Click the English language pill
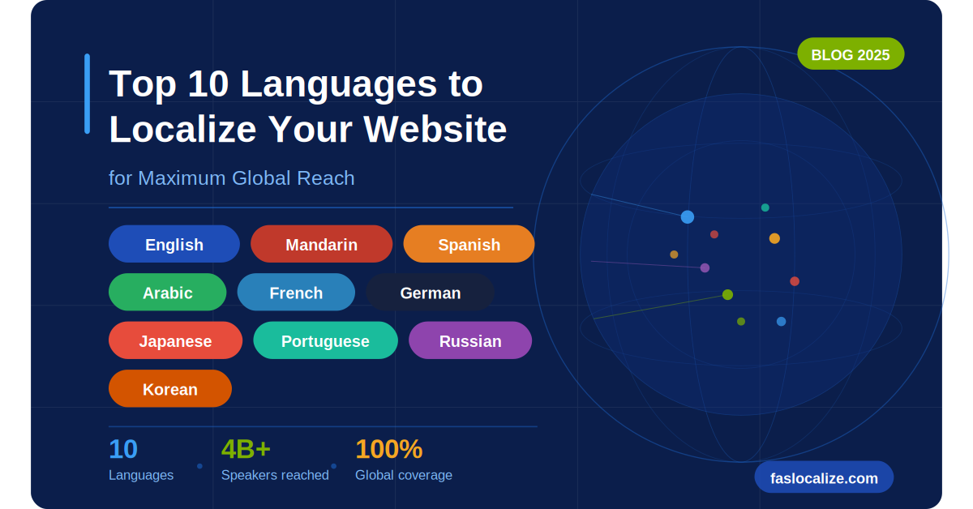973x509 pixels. point(174,244)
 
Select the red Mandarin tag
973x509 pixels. point(321,244)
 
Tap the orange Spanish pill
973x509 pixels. point(469,244)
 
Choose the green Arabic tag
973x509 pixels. point(168,293)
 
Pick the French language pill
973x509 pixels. point(296,293)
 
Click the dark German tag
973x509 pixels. point(430,293)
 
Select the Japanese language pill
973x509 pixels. point(175,340)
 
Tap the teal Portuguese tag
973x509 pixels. point(325,340)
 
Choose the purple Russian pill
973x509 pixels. point(470,340)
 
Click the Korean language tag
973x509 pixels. point(170,389)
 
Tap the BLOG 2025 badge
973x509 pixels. point(851,54)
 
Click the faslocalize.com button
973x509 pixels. point(824,477)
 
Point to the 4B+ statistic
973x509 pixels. point(246,449)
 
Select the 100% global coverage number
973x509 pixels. point(388,449)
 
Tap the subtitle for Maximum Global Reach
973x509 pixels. point(232,178)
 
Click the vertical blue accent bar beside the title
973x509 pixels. point(87,93)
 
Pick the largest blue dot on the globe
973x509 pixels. point(688,216)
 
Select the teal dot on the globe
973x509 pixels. point(765,207)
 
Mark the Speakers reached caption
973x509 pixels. point(275,475)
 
